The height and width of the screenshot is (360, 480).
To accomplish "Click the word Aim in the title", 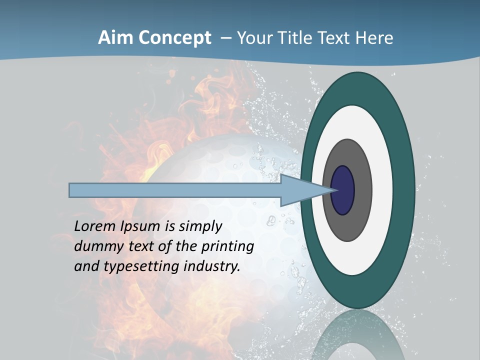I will (116, 38).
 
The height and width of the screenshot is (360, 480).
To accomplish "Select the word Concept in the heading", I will (175, 38).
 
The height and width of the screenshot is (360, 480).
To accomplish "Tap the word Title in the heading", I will (298, 38).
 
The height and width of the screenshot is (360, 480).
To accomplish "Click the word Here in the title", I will (374, 38).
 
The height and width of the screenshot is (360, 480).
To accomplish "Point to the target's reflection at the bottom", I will (357, 335).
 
